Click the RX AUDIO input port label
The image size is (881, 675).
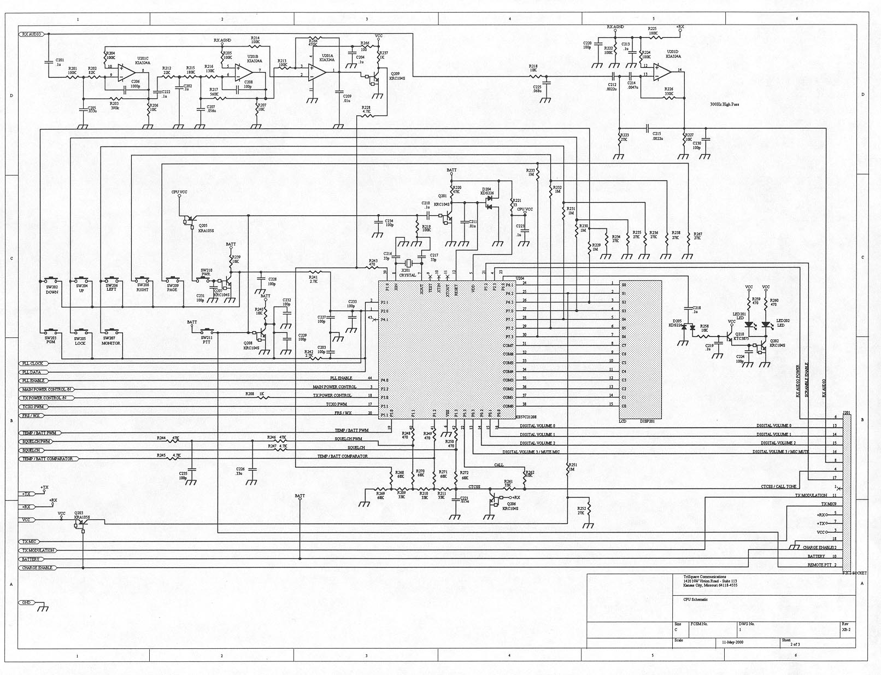(x=31, y=34)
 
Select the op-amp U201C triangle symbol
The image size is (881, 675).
(x=124, y=72)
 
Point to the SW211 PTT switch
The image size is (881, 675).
(x=207, y=332)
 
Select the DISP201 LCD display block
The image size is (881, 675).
(x=640, y=350)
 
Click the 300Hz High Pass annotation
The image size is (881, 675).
(x=724, y=104)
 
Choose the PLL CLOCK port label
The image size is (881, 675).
(x=33, y=363)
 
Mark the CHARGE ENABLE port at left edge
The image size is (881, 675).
(x=38, y=568)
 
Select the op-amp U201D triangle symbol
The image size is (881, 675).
(x=661, y=72)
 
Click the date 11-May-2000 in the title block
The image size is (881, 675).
(x=732, y=642)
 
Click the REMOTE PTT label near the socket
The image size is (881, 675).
(x=819, y=565)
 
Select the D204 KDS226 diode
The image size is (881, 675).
(x=489, y=199)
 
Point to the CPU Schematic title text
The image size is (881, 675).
(x=695, y=600)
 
